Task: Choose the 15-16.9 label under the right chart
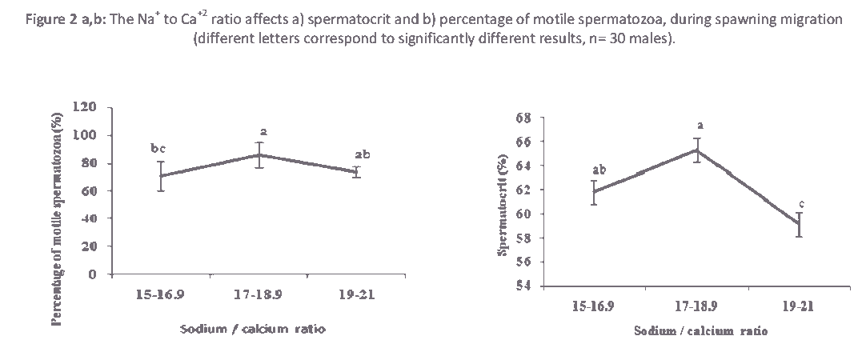coord(593,306)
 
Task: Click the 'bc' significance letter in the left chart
coord(159,148)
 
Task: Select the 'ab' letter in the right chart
coord(598,170)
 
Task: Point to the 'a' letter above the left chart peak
coord(262,130)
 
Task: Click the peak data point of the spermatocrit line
coord(697,150)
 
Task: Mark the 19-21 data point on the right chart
coord(798,224)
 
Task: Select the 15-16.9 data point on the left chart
coord(161,176)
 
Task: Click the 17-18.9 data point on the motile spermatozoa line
coord(259,155)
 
